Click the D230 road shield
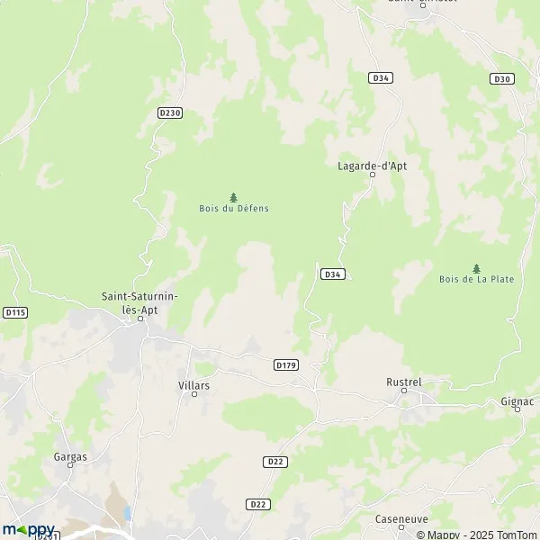(x=169, y=112)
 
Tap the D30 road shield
(x=502, y=78)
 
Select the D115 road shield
(x=14, y=312)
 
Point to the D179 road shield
(x=285, y=364)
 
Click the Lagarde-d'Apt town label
(x=371, y=166)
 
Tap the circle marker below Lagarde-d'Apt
(x=372, y=175)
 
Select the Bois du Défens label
(x=234, y=209)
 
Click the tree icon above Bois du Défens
(x=234, y=197)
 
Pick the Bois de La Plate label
(x=476, y=279)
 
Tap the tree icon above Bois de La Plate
(x=476, y=267)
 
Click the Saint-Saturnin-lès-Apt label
(x=139, y=301)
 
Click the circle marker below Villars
(x=193, y=394)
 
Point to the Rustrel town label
(x=403, y=382)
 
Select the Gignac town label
(x=517, y=399)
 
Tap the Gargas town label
(x=70, y=456)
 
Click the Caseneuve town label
(x=400, y=519)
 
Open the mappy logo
(x=28, y=529)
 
